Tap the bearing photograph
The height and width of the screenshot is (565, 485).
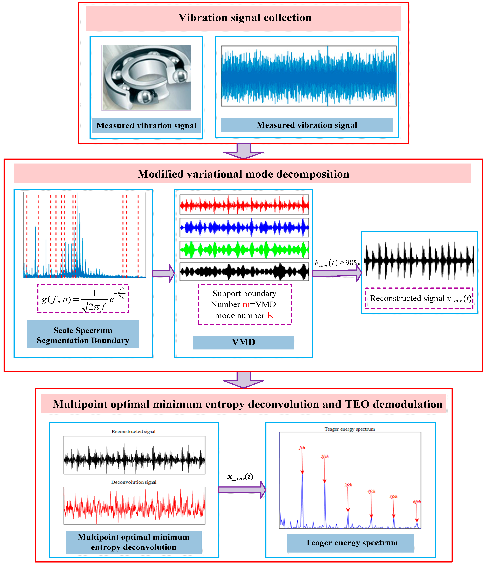pos(147,77)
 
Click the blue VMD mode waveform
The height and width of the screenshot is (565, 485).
pos(244,227)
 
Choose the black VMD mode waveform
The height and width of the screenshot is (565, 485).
pos(244,272)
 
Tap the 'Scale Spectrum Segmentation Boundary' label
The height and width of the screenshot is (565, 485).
pos(83,335)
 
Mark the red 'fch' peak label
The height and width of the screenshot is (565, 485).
pos(302,447)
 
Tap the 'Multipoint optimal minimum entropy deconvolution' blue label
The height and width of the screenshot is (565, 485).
pos(133,542)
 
